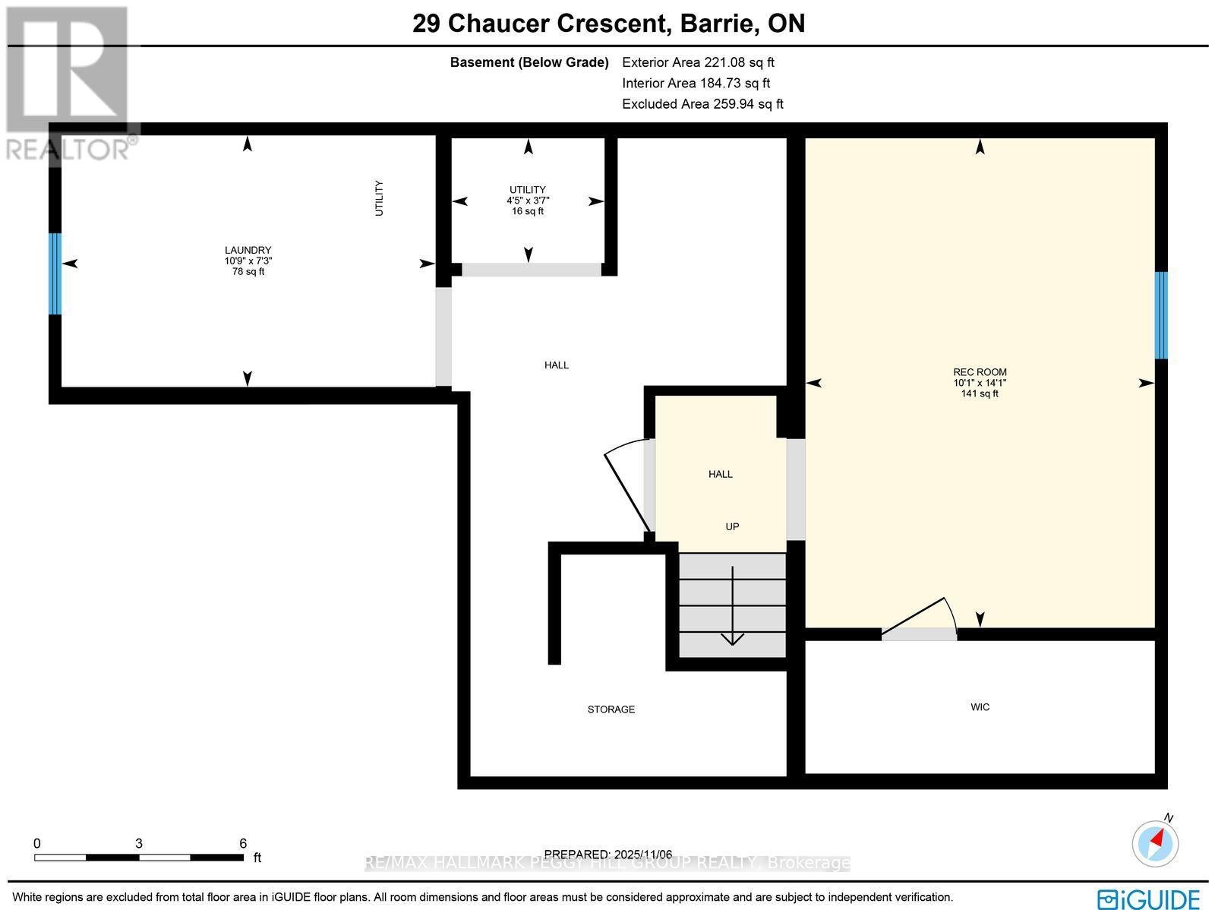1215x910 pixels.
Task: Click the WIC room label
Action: pyautogui.click(x=980, y=707)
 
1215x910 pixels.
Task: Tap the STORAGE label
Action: pyautogui.click(x=611, y=709)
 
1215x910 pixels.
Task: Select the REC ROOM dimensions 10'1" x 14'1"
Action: pyautogui.click(x=980, y=383)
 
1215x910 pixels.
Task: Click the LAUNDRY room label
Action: pyautogui.click(x=248, y=250)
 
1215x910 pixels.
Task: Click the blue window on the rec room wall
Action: pyautogui.click(x=1160, y=315)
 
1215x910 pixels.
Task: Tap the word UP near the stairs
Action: pyautogui.click(x=731, y=526)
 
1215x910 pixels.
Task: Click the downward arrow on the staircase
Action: pyautogui.click(x=732, y=608)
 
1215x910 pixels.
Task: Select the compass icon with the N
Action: pyautogui.click(x=1156, y=842)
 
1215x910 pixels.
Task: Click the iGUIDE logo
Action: pyautogui.click(x=1149, y=899)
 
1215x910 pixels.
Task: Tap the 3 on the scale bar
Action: pyautogui.click(x=139, y=843)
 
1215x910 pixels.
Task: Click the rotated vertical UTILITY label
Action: pyautogui.click(x=379, y=198)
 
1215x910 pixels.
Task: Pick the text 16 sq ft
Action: pyautogui.click(x=528, y=211)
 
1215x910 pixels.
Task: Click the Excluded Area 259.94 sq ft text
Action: pyautogui.click(x=702, y=104)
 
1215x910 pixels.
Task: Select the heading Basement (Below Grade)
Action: pyautogui.click(x=529, y=62)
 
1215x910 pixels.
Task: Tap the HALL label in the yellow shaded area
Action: pyautogui.click(x=720, y=474)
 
